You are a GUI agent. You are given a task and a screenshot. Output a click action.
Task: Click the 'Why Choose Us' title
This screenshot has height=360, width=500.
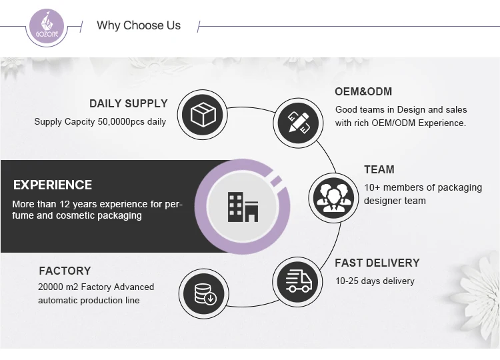coord(139,25)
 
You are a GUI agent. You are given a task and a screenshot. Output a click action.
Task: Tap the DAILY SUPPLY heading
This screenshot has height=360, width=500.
coord(129,103)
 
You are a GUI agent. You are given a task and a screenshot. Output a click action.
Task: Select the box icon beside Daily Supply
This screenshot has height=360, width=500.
coord(203,115)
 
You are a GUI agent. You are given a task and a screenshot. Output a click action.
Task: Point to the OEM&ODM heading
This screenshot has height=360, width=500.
coord(363,91)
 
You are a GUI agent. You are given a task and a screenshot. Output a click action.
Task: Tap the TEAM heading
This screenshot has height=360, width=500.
coord(379,169)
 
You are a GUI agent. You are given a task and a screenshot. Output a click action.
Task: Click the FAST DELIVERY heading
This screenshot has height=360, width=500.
coord(377,263)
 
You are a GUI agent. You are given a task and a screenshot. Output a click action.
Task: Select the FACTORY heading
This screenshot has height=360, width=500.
coord(65,271)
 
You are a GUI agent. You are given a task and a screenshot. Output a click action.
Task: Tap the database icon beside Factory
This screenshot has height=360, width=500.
coord(203,293)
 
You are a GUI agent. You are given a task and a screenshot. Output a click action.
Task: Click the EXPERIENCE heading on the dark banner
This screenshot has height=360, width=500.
coord(53,185)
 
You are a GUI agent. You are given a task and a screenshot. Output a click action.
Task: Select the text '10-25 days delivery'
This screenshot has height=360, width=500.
coord(374,281)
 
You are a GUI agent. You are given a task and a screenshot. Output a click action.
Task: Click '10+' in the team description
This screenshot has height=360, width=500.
coord(372,187)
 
